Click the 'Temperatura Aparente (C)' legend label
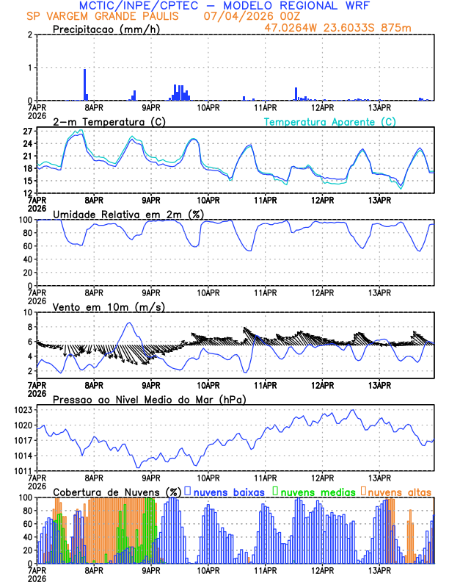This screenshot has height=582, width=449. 330,121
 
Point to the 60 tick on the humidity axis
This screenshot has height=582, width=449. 24,246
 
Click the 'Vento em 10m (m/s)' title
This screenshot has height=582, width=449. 99,306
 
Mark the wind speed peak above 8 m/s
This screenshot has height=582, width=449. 130,323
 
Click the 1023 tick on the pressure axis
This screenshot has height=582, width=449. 21,410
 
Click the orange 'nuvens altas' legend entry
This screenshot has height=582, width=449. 399,491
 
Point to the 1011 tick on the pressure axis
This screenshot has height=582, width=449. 21,471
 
